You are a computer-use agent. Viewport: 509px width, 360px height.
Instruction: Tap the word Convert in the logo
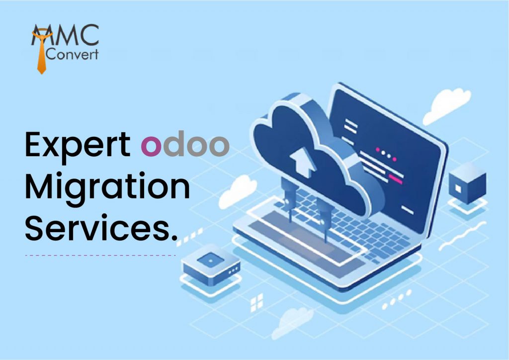[x=72, y=54]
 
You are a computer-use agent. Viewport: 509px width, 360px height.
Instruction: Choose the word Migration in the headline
[x=107, y=186]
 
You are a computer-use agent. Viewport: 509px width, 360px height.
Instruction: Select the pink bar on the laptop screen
[x=396, y=177]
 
